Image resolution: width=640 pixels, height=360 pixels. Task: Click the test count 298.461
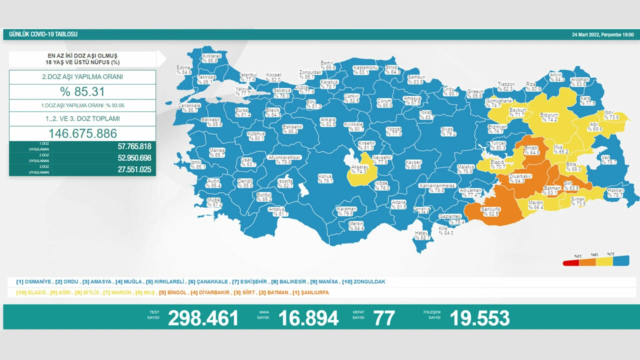click(203, 318)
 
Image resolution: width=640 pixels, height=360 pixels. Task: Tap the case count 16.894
click(308, 318)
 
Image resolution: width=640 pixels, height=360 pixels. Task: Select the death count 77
click(383, 318)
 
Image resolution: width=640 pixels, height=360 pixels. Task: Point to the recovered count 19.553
click(479, 318)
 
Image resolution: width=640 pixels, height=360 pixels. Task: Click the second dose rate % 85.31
click(82, 92)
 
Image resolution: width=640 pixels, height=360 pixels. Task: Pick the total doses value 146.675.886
click(82, 133)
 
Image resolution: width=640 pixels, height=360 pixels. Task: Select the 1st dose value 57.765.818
click(127, 146)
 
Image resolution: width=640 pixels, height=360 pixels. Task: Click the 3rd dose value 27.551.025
click(127, 169)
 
